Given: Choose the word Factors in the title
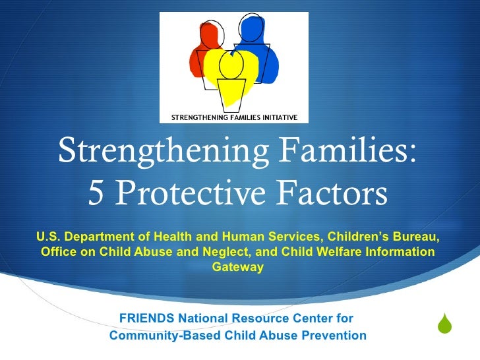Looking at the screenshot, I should pos(329,195).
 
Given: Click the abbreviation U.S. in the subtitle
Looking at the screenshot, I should pos(48,237).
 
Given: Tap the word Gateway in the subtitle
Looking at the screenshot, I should pos(238,267).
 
